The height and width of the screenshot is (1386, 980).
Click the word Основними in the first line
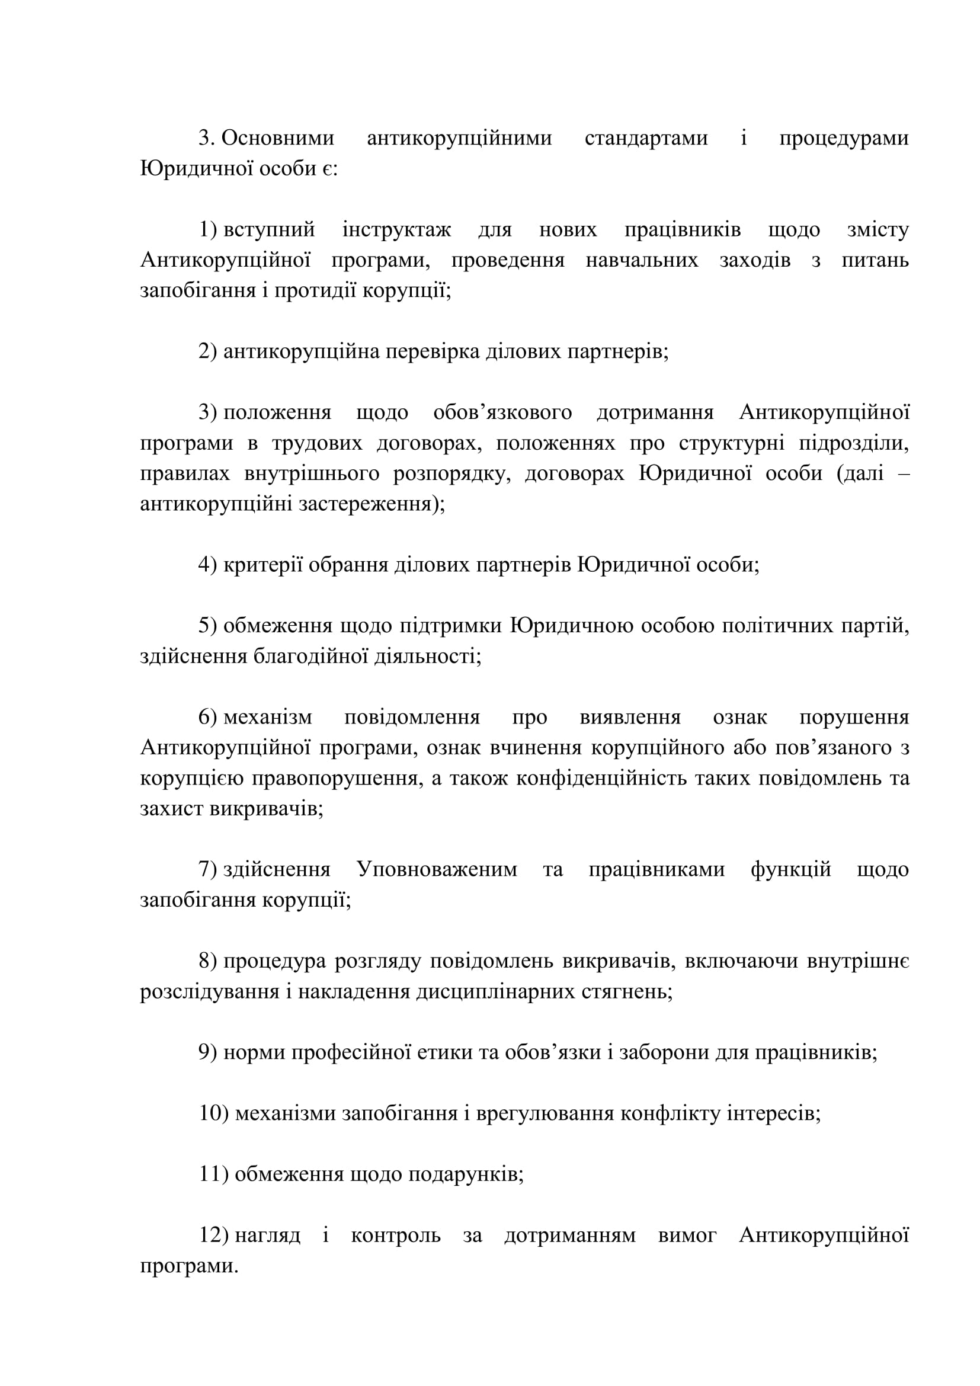click(x=277, y=138)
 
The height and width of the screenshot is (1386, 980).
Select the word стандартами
click(x=646, y=138)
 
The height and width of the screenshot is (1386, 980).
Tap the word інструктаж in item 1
click(x=396, y=230)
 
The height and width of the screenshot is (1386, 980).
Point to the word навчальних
click(x=642, y=260)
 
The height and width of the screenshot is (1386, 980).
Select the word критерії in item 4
click(x=262, y=565)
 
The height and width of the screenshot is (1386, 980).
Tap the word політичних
click(x=777, y=626)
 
